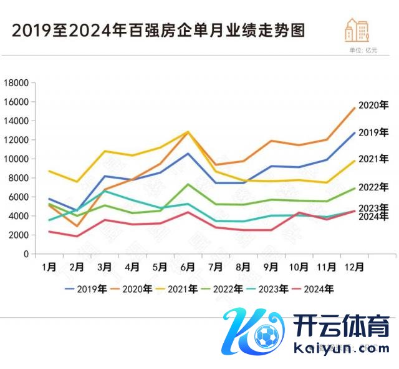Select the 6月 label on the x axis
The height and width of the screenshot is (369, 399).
(186, 267)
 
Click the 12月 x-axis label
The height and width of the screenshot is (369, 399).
(354, 267)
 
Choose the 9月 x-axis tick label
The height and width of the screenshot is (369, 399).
(271, 267)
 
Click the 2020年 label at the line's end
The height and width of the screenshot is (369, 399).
(373, 106)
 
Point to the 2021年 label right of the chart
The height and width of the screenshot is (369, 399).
(373, 159)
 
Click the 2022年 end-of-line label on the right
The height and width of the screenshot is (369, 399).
(373, 187)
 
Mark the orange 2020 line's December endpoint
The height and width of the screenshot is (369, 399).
(354, 108)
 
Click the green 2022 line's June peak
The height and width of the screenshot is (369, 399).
(187, 184)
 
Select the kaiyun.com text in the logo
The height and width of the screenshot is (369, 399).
(340, 348)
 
